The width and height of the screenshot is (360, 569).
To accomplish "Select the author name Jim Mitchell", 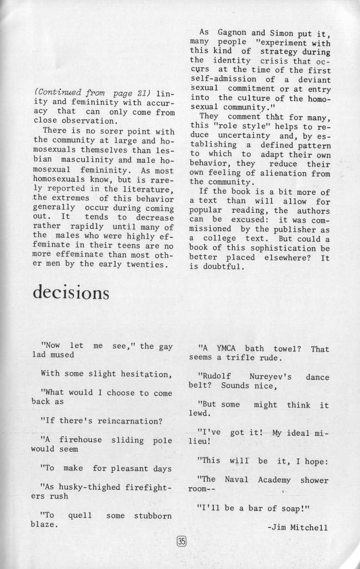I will click(x=298, y=528).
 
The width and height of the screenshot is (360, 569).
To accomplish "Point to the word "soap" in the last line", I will click(x=294, y=508).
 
